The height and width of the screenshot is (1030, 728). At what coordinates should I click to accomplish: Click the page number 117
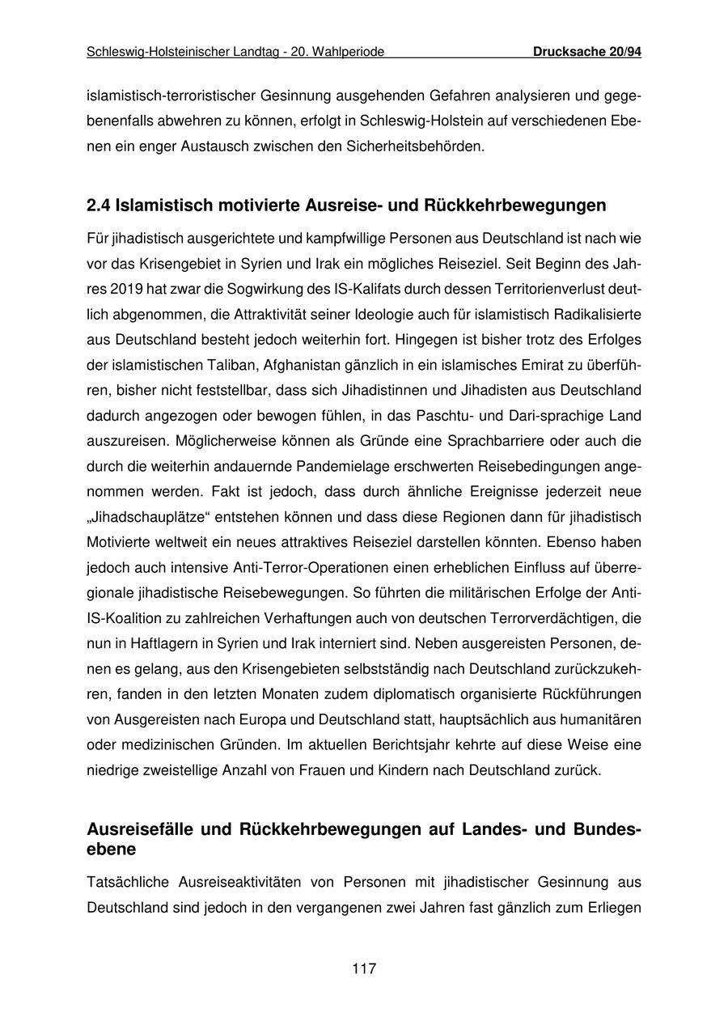point(364,969)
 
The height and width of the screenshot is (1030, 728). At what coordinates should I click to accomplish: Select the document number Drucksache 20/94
point(587,53)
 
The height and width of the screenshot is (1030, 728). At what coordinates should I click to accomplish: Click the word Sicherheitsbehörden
point(418,148)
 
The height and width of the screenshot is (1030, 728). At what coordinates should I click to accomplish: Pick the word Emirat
point(490,365)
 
